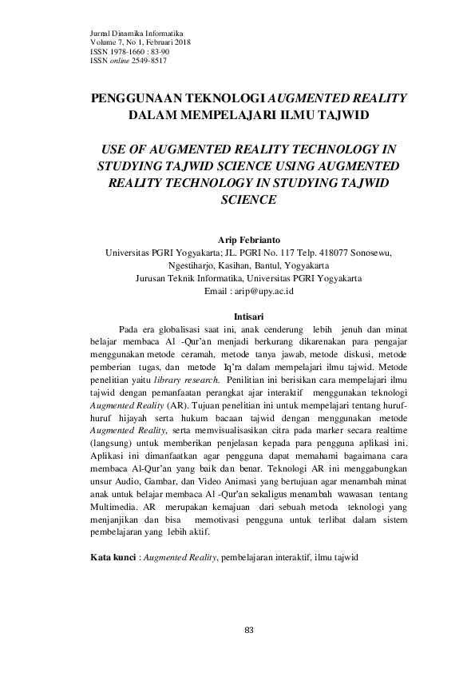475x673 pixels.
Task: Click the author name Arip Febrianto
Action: (x=248, y=239)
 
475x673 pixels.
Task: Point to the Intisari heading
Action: (x=247, y=317)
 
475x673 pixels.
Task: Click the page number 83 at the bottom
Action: (x=248, y=631)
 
